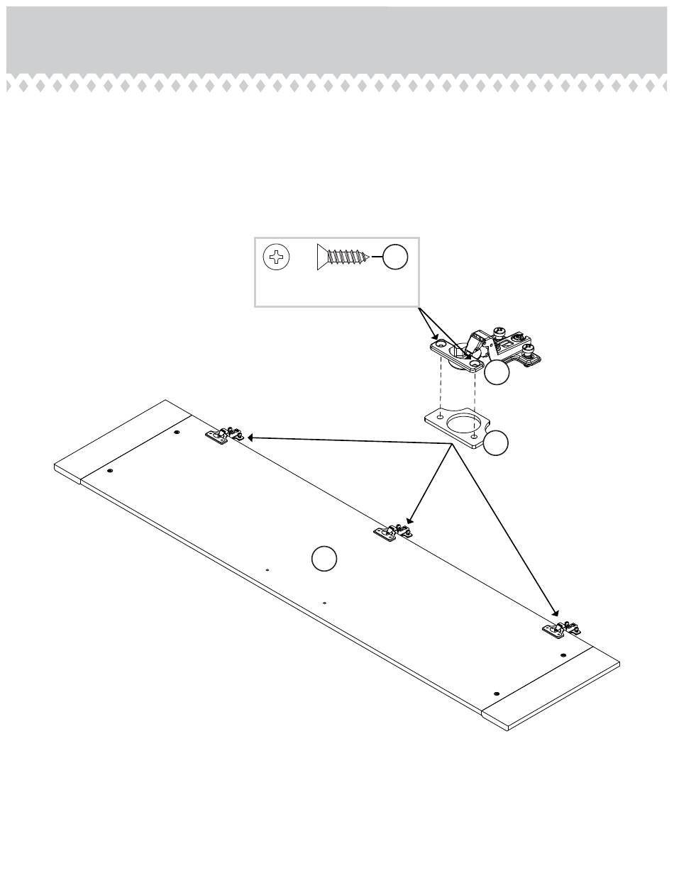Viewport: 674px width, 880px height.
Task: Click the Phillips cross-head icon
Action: click(x=276, y=256)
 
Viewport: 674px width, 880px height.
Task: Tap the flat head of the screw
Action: click(x=319, y=257)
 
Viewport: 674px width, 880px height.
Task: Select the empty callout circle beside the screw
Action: click(x=395, y=257)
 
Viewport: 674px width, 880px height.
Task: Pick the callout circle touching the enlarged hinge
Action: click(x=497, y=374)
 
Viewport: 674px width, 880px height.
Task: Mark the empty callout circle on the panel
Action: click(x=324, y=559)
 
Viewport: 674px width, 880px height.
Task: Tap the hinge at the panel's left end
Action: click(x=225, y=435)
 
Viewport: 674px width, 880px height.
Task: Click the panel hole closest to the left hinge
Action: click(x=177, y=431)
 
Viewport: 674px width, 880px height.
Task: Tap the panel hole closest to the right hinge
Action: click(x=563, y=655)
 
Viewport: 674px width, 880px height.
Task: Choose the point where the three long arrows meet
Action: click(x=453, y=444)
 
